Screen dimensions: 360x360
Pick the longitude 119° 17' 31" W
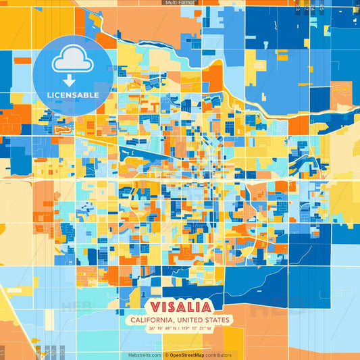point(197,329)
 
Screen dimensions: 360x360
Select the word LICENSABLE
point(73,95)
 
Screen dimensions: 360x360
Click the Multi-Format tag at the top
point(180,3)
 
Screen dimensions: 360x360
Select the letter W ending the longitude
point(209,329)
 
